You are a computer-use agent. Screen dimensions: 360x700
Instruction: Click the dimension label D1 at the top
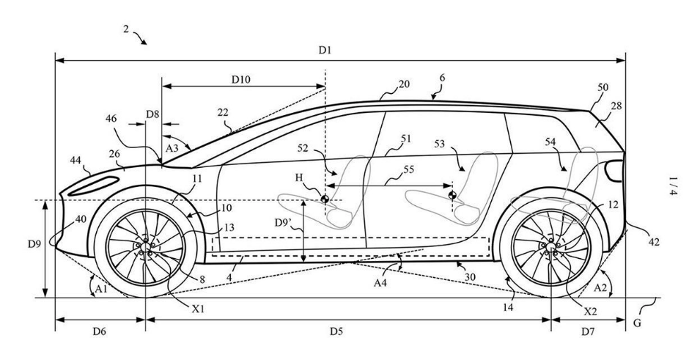(x=325, y=50)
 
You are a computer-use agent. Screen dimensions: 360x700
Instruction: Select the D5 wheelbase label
(x=335, y=331)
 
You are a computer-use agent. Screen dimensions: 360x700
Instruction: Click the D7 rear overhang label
(x=588, y=331)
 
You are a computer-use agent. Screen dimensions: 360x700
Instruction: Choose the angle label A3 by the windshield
(x=172, y=148)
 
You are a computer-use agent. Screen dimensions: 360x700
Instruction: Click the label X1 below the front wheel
(x=197, y=309)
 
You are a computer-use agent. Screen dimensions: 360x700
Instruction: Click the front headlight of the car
(x=103, y=182)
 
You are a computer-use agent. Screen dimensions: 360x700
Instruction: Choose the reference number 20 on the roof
(x=404, y=84)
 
